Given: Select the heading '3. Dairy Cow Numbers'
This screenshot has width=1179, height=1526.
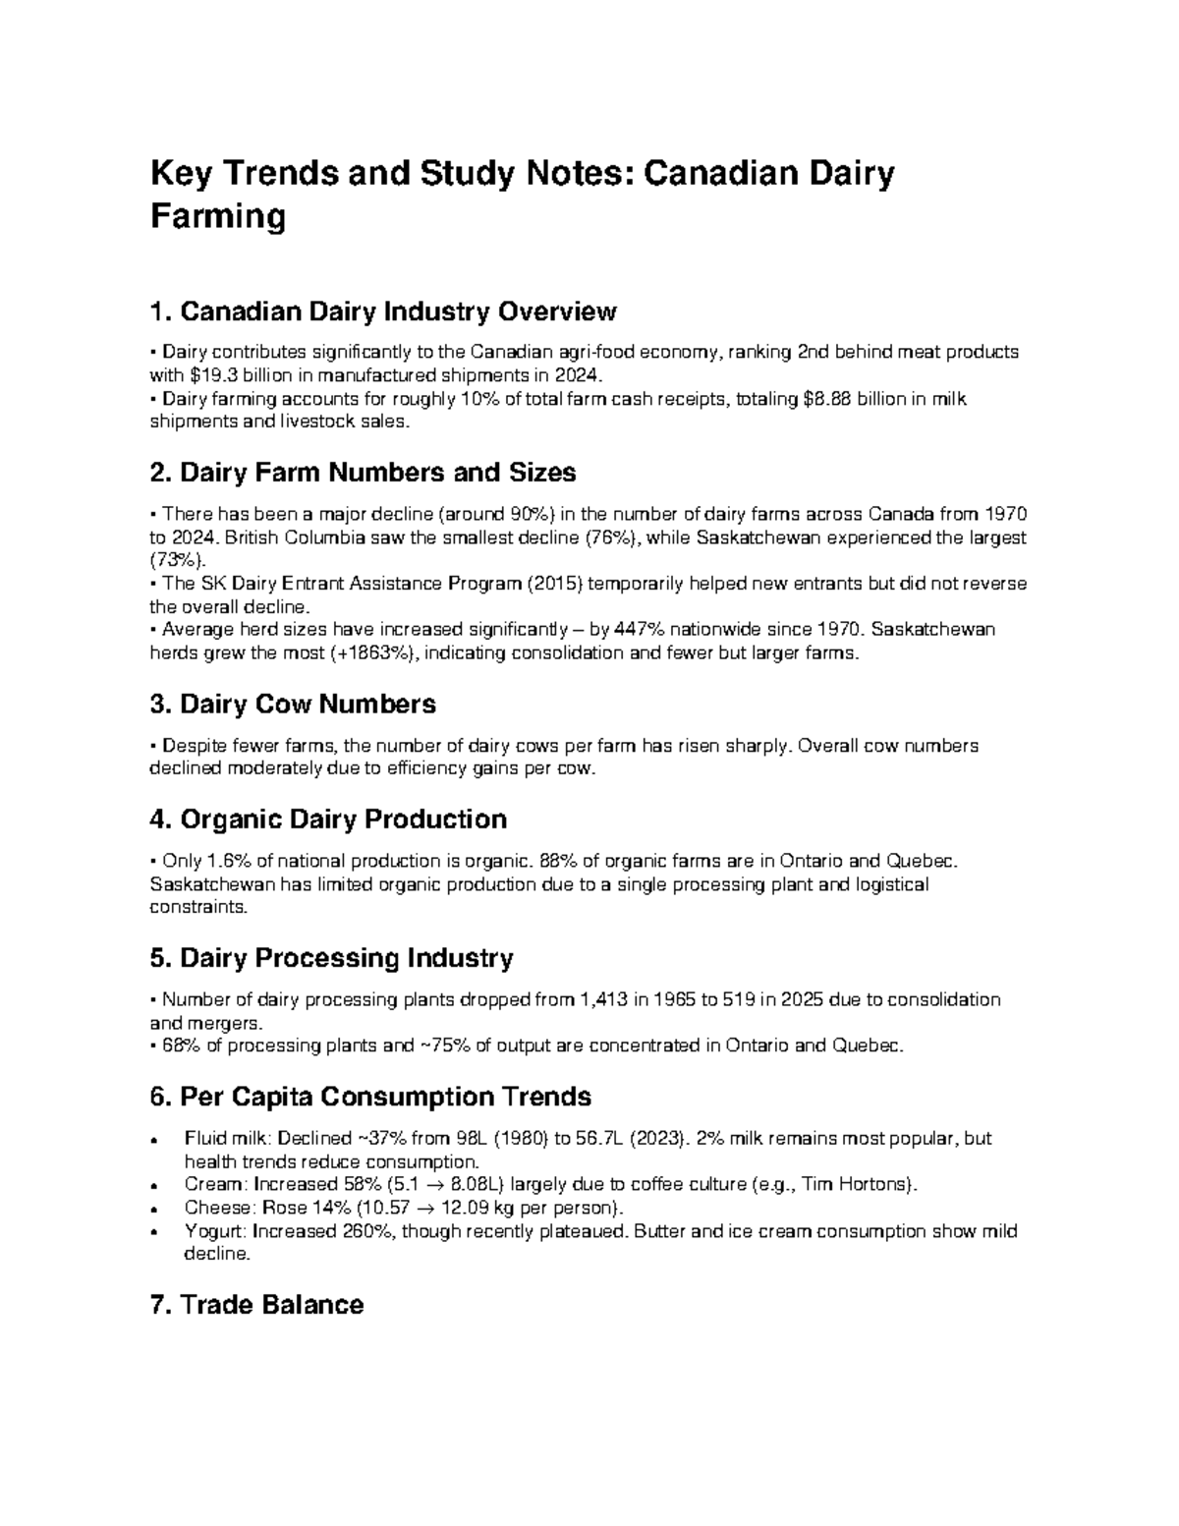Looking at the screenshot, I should pos(292,704).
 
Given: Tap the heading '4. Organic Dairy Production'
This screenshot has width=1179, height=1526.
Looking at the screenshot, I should pos(327,819).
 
